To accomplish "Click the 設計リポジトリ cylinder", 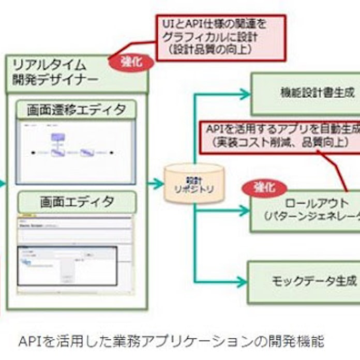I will tap(194, 184).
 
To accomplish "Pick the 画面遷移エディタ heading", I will tap(76, 109).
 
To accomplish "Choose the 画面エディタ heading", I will tap(76, 201).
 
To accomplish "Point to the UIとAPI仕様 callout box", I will tap(221, 37).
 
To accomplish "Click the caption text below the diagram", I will tap(171, 341).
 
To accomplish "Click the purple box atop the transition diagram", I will tap(58, 137).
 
